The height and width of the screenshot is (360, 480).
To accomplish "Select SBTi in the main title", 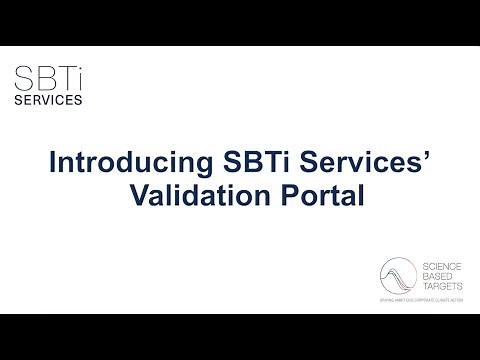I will pyautogui.click(x=237, y=162).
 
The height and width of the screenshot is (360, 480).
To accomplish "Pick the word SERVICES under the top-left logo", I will pyautogui.click(x=49, y=100).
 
